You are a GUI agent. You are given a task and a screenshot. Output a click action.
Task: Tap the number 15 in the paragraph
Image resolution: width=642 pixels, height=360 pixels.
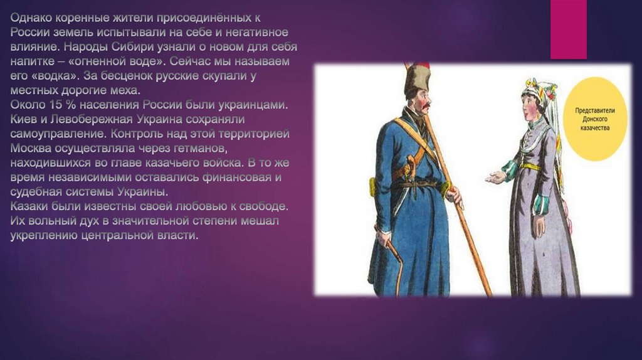[x=56, y=105]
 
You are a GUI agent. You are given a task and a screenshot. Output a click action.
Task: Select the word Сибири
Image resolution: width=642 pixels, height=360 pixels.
[x=132, y=47]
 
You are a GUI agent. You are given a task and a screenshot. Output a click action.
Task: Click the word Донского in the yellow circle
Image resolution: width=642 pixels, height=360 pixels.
[x=595, y=119]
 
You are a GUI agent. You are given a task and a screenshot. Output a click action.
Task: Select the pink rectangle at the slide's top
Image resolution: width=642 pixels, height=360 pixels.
[x=568, y=29]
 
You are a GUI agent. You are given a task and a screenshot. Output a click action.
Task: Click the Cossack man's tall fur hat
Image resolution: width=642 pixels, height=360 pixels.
[x=417, y=80]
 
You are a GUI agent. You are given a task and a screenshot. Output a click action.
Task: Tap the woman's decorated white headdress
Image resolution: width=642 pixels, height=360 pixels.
[x=540, y=92]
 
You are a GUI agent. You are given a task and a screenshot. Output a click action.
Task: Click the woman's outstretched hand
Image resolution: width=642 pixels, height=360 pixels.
[x=496, y=177]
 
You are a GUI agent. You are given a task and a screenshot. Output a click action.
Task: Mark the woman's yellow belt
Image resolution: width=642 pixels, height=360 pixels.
[x=530, y=167]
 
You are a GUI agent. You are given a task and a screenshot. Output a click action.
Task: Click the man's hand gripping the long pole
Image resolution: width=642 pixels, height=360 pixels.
[x=454, y=196]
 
